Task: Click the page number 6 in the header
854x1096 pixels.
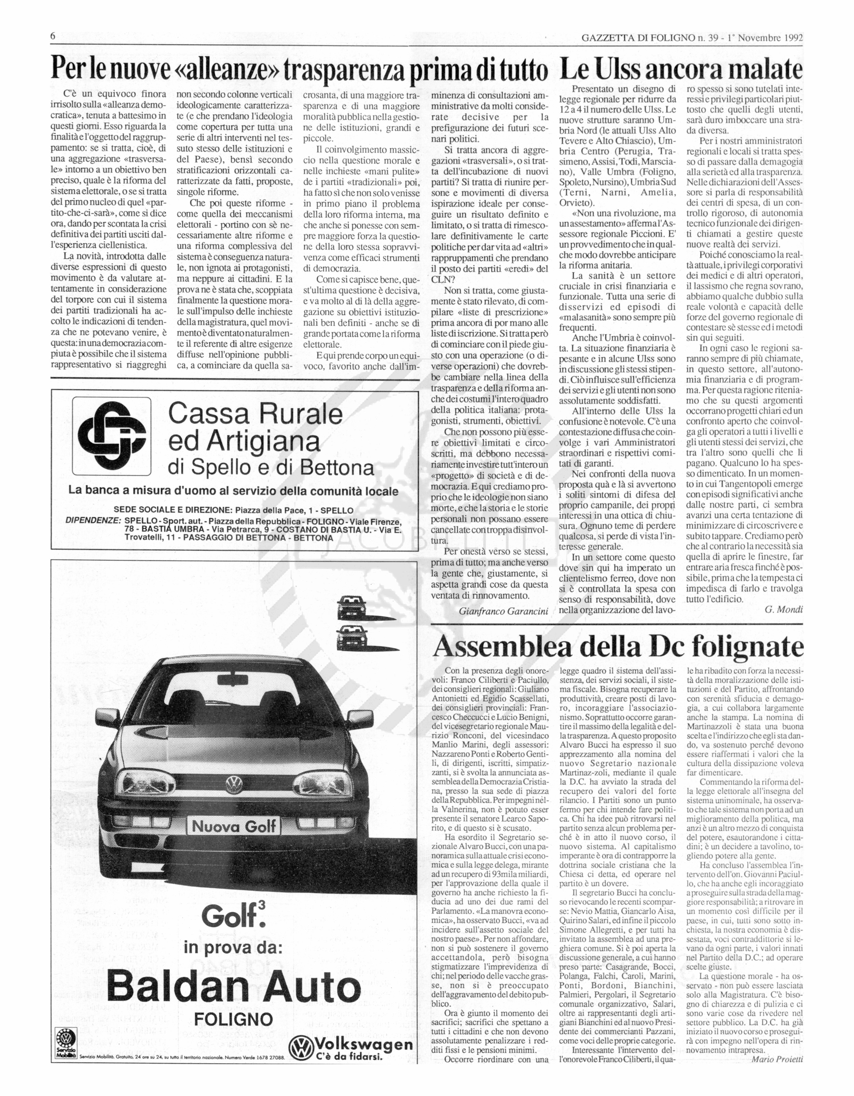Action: [x=53, y=37]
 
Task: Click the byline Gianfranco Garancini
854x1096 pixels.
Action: [x=504, y=611]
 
